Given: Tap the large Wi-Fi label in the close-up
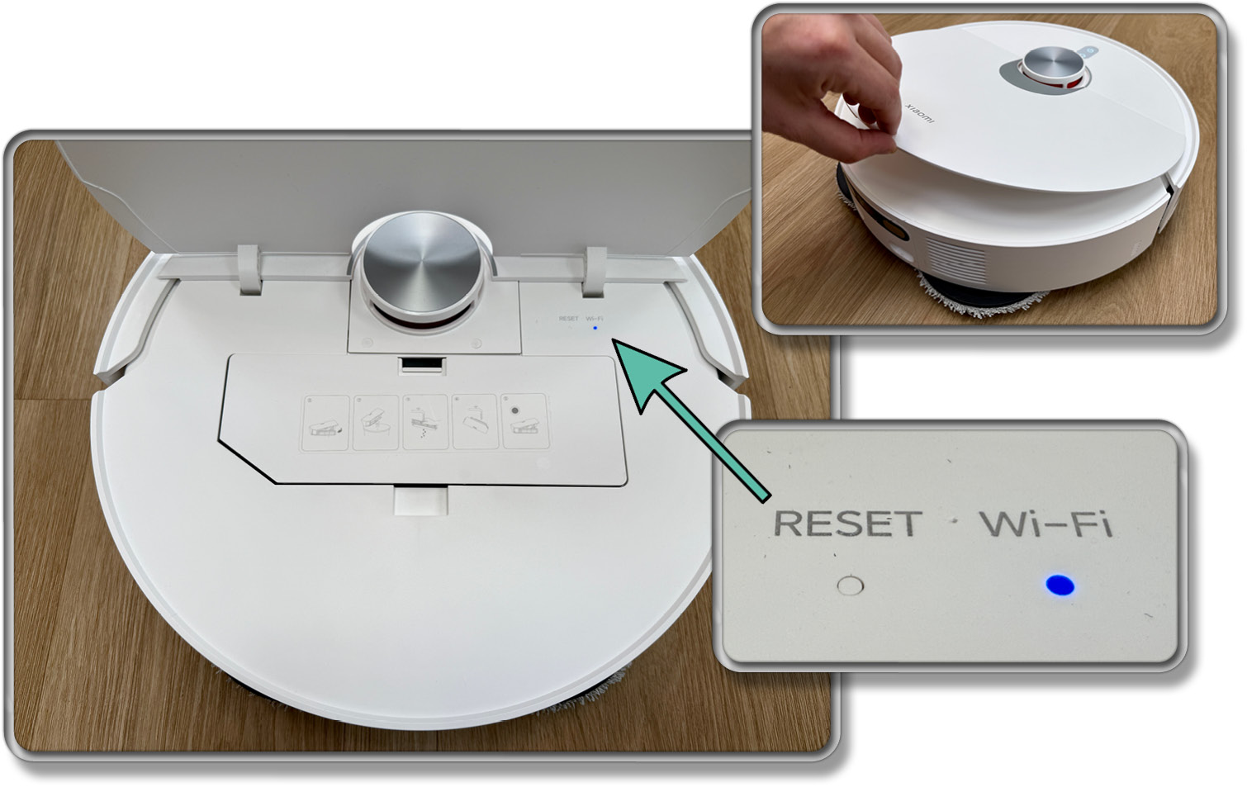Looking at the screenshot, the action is pyautogui.click(x=1046, y=524).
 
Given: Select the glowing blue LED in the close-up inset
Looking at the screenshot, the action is pyautogui.click(x=1060, y=585).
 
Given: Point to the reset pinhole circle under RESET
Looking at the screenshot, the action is pyautogui.click(x=851, y=586).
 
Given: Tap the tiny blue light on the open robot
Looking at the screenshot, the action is pyautogui.click(x=595, y=328).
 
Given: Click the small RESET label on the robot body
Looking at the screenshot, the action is pyautogui.click(x=568, y=319).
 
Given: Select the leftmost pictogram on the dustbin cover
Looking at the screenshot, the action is pyautogui.click(x=325, y=423).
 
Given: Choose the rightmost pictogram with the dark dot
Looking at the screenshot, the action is pyautogui.click(x=525, y=421).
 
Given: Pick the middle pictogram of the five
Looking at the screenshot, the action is pyautogui.click(x=425, y=423).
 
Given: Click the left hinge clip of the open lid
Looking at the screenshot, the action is pyautogui.click(x=250, y=270).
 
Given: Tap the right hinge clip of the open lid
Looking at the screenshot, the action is pyautogui.click(x=595, y=273).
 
